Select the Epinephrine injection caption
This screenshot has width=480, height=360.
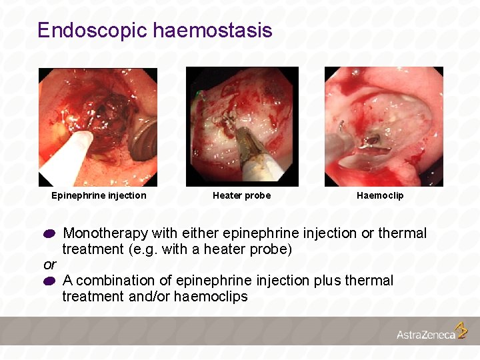coord(99,195)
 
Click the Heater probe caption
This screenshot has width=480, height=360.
coord(241,195)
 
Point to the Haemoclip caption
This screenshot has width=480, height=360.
coord(380,195)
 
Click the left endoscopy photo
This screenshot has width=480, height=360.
coord(98,127)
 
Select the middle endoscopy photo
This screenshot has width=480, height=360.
coord(242,127)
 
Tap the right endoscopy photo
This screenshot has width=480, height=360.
coord(383,127)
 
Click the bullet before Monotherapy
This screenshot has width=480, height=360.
coord(50,235)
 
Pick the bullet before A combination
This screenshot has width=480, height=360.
coord(50,282)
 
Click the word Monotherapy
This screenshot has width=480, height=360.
coord(105,233)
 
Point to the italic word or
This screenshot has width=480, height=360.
coord(49,265)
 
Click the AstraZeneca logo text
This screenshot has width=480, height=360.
coord(426,335)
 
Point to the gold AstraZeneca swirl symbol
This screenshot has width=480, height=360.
coord(461,330)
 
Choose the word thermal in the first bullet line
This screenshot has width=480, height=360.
coord(402,233)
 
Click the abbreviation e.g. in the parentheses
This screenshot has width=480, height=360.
coord(142,249)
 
